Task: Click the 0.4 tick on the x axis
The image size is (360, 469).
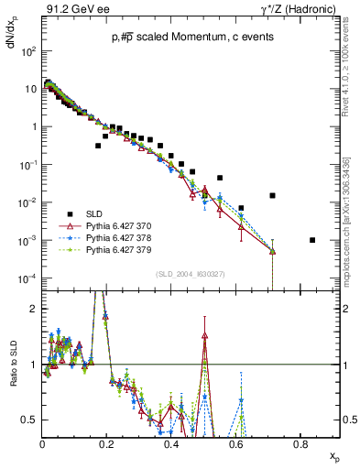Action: coord(171,444)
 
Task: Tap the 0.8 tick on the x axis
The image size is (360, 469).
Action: coord(300,444)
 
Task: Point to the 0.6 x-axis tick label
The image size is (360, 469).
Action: coord(235,444)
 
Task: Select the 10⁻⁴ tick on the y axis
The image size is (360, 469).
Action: coord(29,278)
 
